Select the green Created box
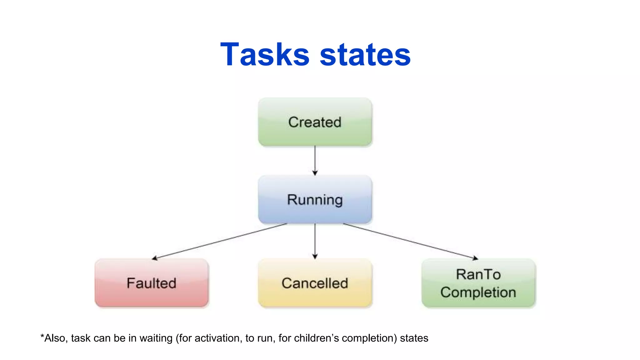tap(315, 122)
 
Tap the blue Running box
tap(315, 200)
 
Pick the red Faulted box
tap(152, 283)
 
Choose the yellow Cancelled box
tap(315, 283)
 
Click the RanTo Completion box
tap(478, 283)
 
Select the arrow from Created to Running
tap(315, 159)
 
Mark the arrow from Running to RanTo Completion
tap(409, 241)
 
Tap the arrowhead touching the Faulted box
tap(154, 258)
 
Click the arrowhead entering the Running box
tap(315, 173)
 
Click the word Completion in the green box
tap(478, 292)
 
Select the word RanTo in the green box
tap(478, 274)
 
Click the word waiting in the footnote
tap(156, 338)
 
